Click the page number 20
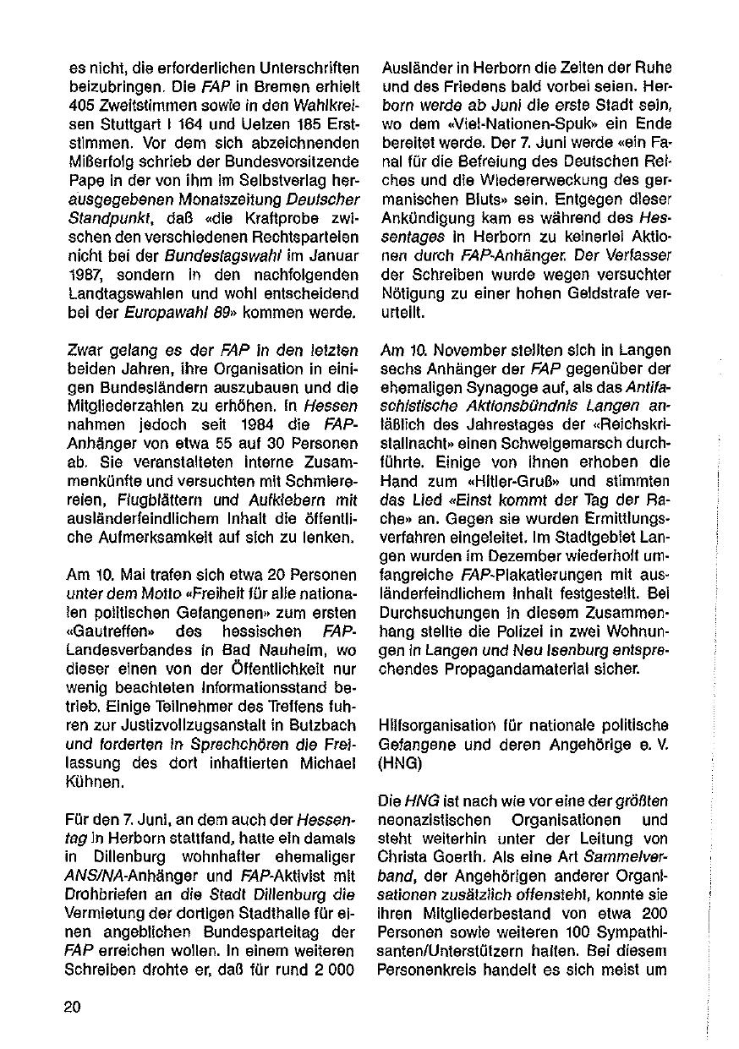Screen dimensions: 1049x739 [72, 1006]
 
